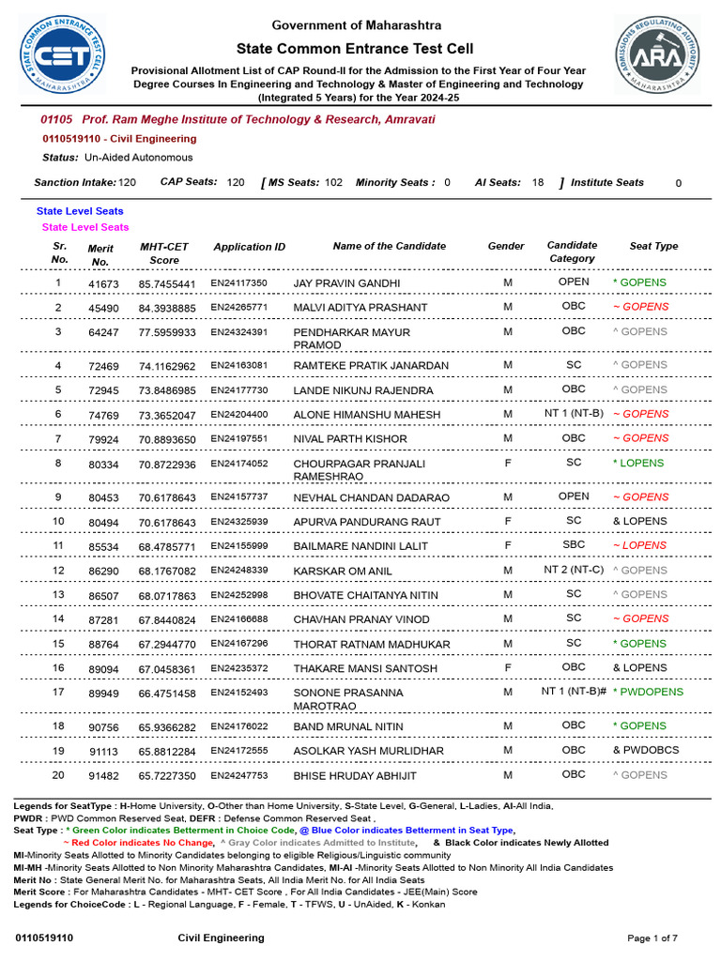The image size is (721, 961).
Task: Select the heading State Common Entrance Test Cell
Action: [355, 49]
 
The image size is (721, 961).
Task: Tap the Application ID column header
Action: [249, 247]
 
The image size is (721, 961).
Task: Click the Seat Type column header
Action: [653, 246]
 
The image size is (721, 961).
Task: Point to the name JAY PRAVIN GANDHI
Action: [346, 283]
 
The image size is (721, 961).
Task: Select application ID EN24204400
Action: [238, 414]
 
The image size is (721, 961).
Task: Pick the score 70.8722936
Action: [167, 464]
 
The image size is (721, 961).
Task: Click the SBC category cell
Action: [574, 544]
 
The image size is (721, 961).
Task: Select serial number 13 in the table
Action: [58, 594]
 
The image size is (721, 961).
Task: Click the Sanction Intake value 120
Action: [127, 183]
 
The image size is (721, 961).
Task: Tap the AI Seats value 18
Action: [537, 183]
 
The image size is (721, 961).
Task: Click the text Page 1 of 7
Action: [652, 938]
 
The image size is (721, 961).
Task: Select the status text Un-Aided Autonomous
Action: [138, 158]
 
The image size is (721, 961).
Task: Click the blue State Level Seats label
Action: [80, 211]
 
